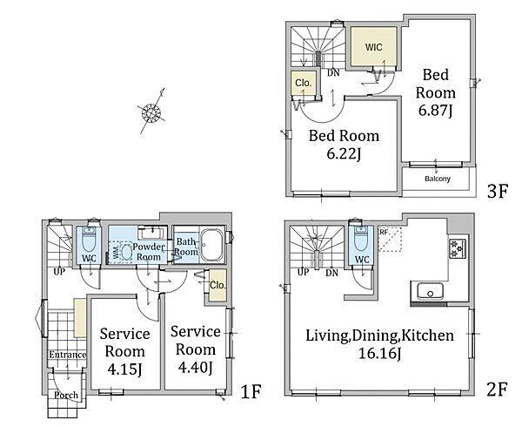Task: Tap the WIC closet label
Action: click(373, 47)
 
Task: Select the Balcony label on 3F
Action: click(438, 179)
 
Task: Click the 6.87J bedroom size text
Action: click(435, 111)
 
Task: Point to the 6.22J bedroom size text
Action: click(344, 154)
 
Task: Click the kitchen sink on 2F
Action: click(430, 292)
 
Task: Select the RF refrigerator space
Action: click(390, 239)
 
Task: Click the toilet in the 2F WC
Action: click(362, 237)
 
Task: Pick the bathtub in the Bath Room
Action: click(211, 246)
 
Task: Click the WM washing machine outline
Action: click(122, 253)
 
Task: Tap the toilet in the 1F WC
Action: click(89, 240)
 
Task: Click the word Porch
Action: click(66, 396)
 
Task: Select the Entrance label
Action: click(68, 355)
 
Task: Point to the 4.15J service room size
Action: click(124, 369)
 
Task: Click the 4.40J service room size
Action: click(195, 368)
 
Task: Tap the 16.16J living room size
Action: click(379, 353)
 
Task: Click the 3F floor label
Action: click(497, 192)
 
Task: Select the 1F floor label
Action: click(251, 391)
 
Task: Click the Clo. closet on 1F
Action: click(217, 285)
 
